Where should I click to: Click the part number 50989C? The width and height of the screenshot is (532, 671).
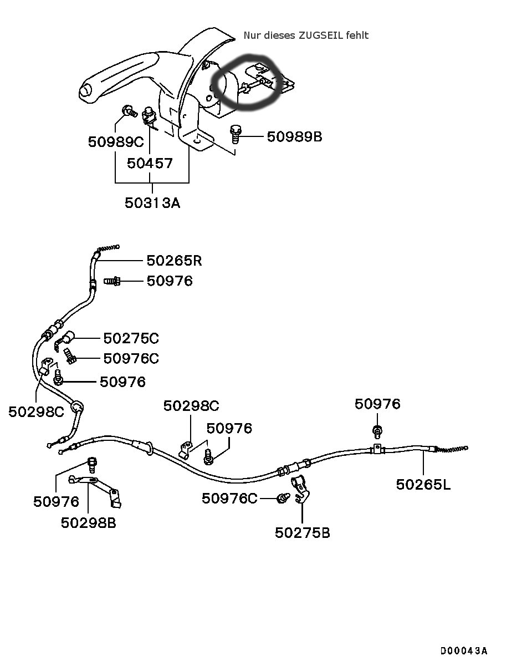pos(115,141)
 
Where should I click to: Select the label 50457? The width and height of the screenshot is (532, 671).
pos(150,163)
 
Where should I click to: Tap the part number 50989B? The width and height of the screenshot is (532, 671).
pos(294,136)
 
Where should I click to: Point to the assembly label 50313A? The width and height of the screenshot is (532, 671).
pos(152,202)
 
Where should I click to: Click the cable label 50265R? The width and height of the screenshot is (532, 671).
pos(174,260)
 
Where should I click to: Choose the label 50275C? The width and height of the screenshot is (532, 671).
pos(131,338)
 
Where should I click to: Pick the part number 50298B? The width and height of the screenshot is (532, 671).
pos(89,522)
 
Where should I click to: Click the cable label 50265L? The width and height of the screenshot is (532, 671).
pos(423,484)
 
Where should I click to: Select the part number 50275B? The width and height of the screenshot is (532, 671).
pos(303,532)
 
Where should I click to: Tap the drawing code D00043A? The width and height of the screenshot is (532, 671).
pos(464,650)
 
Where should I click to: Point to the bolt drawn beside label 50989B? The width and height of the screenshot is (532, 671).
pos(237,134)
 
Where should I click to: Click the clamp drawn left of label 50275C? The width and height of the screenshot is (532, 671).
pos(64,339)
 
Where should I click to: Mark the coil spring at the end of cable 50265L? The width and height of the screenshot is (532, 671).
pos(452,448)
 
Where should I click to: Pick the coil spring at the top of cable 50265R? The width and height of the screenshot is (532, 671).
pos(108,249)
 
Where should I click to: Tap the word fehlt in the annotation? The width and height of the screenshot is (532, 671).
pos(357,35)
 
